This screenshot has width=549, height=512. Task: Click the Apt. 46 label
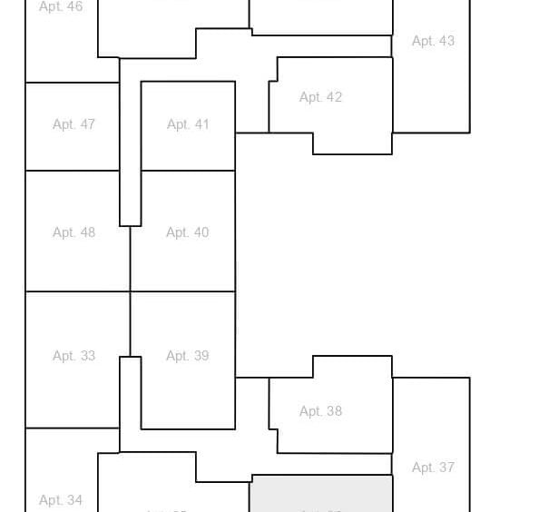61,6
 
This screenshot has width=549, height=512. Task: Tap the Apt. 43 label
433,41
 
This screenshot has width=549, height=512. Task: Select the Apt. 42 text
320,97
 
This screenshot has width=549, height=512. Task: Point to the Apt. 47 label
74,124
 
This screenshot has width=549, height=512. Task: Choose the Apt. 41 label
188,124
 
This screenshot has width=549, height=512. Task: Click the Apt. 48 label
74,232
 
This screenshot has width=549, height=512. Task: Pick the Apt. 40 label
188,232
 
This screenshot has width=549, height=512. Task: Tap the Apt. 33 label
74,356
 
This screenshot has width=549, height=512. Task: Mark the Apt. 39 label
188,356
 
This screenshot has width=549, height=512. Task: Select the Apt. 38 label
320,411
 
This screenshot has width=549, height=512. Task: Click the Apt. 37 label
433,468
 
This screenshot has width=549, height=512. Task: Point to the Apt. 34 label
61,500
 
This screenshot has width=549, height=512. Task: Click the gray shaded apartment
321,494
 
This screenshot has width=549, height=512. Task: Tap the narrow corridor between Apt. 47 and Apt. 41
130,145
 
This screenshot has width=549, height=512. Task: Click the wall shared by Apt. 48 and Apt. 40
130,259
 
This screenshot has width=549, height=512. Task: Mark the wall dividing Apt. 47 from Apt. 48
73,171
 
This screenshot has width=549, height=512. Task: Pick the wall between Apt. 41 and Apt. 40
188,171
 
